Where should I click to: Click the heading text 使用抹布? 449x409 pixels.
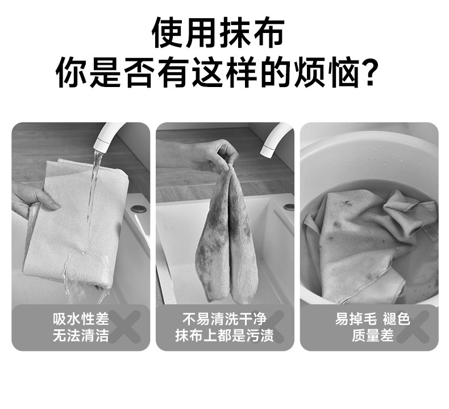tap(218, 32)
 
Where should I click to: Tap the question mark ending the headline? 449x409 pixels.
tap(370, 73)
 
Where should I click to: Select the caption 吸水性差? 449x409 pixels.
tap(81, 319)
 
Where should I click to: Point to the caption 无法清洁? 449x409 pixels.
tap(81, 336)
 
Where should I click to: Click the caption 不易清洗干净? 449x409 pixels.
tap(224, 319)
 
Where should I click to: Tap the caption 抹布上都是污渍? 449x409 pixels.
tap(224, 336)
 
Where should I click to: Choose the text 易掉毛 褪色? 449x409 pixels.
tap(372, 319)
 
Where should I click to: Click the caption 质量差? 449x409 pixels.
tap(372, 336)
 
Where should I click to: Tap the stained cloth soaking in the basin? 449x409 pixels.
tap(369, 243)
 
